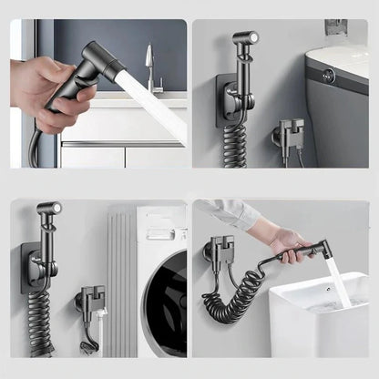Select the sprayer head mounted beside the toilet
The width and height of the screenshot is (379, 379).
[243, 45]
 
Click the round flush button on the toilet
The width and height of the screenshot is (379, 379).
[328, 77]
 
